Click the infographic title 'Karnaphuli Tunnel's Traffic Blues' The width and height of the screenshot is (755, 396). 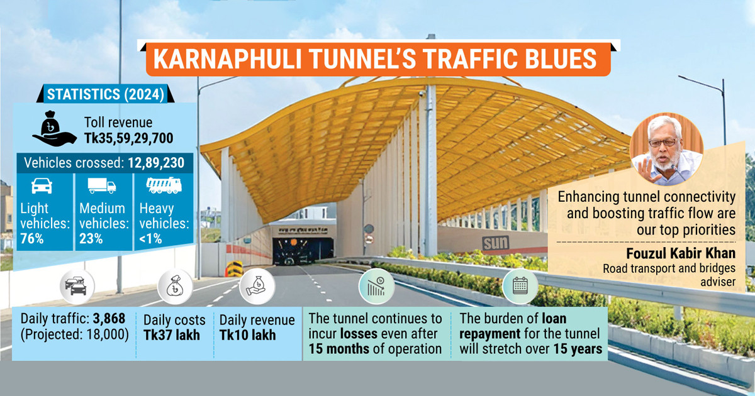(x=375, y=58)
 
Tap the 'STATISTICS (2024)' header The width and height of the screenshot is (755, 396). (x=105, y=95)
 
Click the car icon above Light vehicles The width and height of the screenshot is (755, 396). (x=42, y=186)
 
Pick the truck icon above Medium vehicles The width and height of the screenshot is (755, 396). (x=102, y=186)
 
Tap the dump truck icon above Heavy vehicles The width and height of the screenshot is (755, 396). (x=163, y=185)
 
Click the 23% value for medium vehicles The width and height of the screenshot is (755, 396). (x=92, y=238)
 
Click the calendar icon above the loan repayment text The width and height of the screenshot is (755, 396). (x=520, y=287)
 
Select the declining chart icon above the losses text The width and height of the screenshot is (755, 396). (x=376, y=287)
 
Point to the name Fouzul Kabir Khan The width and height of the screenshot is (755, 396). (x=680, y=255)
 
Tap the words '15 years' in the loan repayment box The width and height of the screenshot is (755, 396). (x=578, y=349)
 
